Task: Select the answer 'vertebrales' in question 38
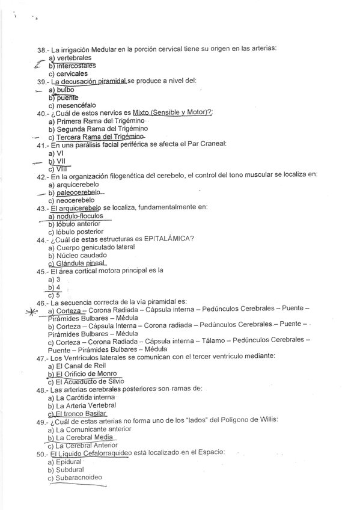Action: (x=70, y=58)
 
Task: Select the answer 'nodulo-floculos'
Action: (x=79, y=216)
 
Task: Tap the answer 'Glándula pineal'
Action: (x=81, y=263)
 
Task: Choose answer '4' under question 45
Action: (x=58, y=287)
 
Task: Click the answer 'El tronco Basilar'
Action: (x=81, y=414)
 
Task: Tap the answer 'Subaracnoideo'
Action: (x=78, y=478)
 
